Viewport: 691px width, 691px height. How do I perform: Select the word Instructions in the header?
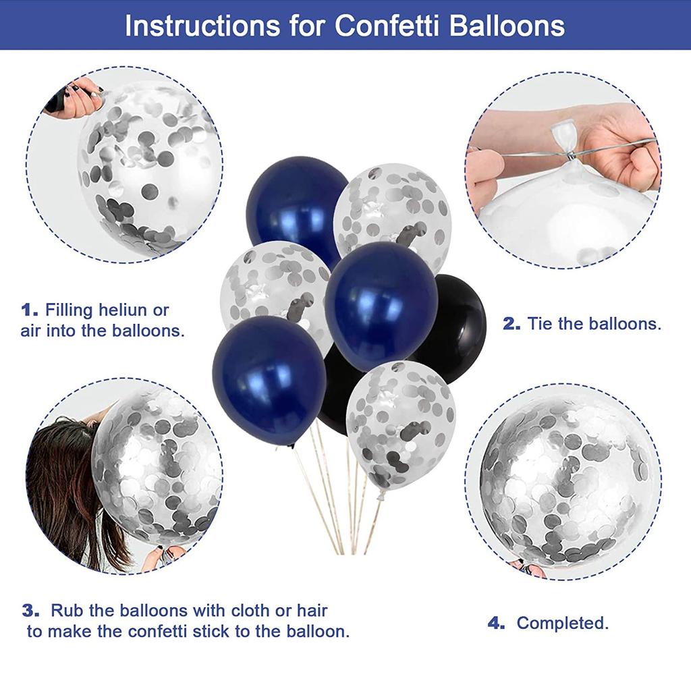click(x=201, y=26)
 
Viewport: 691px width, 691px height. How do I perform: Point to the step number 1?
click(x=30, y=310)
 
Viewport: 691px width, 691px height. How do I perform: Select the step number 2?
click(x=512, y=324)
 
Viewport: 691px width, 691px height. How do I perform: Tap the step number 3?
click(x=31, y=611)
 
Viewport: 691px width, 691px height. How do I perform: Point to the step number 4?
click(x=497, y=624)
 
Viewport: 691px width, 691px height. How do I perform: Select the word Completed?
click(x=563, y=624)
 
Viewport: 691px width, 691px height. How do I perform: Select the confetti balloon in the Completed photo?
click(x=564, y=479)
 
